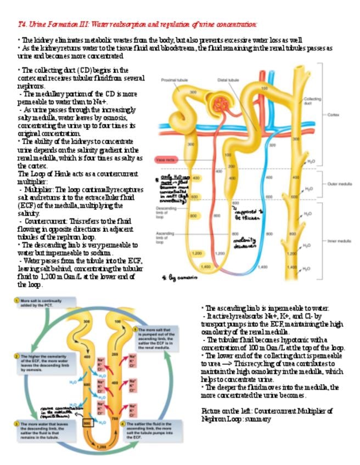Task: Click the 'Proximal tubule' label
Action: pyautogui.click(x=175, y=80)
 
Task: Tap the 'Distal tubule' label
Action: pyautogui.click(x=228, y=80)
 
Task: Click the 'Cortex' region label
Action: pyautogui.click(x=333, y=115)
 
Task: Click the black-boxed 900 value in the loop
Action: pyautogui.click(x=87, y=423)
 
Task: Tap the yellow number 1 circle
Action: pyautogui.click(x=16, y=301)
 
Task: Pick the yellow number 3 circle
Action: pyautogui.click(x=17, y=424)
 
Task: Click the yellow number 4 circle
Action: pyautogui.click(x=130, y=424)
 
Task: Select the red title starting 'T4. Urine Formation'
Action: pyautogui.click(x=137, y=24)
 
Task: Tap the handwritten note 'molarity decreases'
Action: pyautogui.click(x=245, y=242)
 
